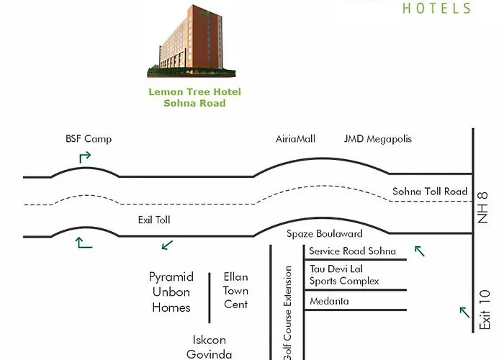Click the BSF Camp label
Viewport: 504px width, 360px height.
tap(89, 139)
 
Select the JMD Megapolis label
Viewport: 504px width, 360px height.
tap(378, 139)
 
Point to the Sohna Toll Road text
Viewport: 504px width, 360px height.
tap(429, 192)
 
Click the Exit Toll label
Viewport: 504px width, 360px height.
tap(154, 220)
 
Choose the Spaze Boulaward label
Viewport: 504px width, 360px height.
tap(324, 234)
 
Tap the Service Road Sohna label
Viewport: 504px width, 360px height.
tap(352, 251)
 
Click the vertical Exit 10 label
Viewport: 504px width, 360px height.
tap(485, 310)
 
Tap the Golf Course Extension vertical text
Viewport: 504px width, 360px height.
tap(287, 313)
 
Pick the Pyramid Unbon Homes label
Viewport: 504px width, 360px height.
tap(171, 292)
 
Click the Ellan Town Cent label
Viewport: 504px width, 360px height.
tap(235, 291)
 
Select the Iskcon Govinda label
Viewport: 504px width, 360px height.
tap(210, 346)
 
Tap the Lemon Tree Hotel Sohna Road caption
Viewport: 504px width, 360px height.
tap(194, 97)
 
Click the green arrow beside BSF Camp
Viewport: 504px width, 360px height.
tap(85, 156)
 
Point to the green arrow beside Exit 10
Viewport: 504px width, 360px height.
tap(464, 311)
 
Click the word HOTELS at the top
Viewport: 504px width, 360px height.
tap(436, 9)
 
